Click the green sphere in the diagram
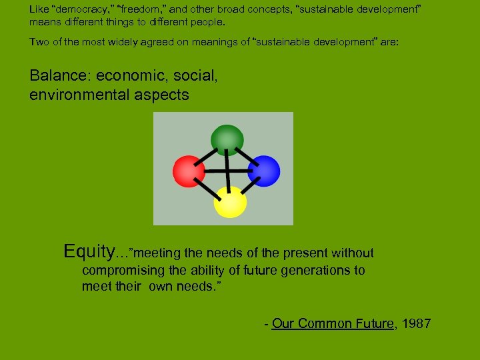coord(227,139)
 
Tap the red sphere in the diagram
coord(189,171)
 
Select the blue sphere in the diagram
coord(265,171)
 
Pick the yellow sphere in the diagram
coord(230,203)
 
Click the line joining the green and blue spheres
coord(248,157)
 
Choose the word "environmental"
coord(71,95)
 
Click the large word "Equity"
coord(89,251)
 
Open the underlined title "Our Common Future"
coord(333,324)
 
